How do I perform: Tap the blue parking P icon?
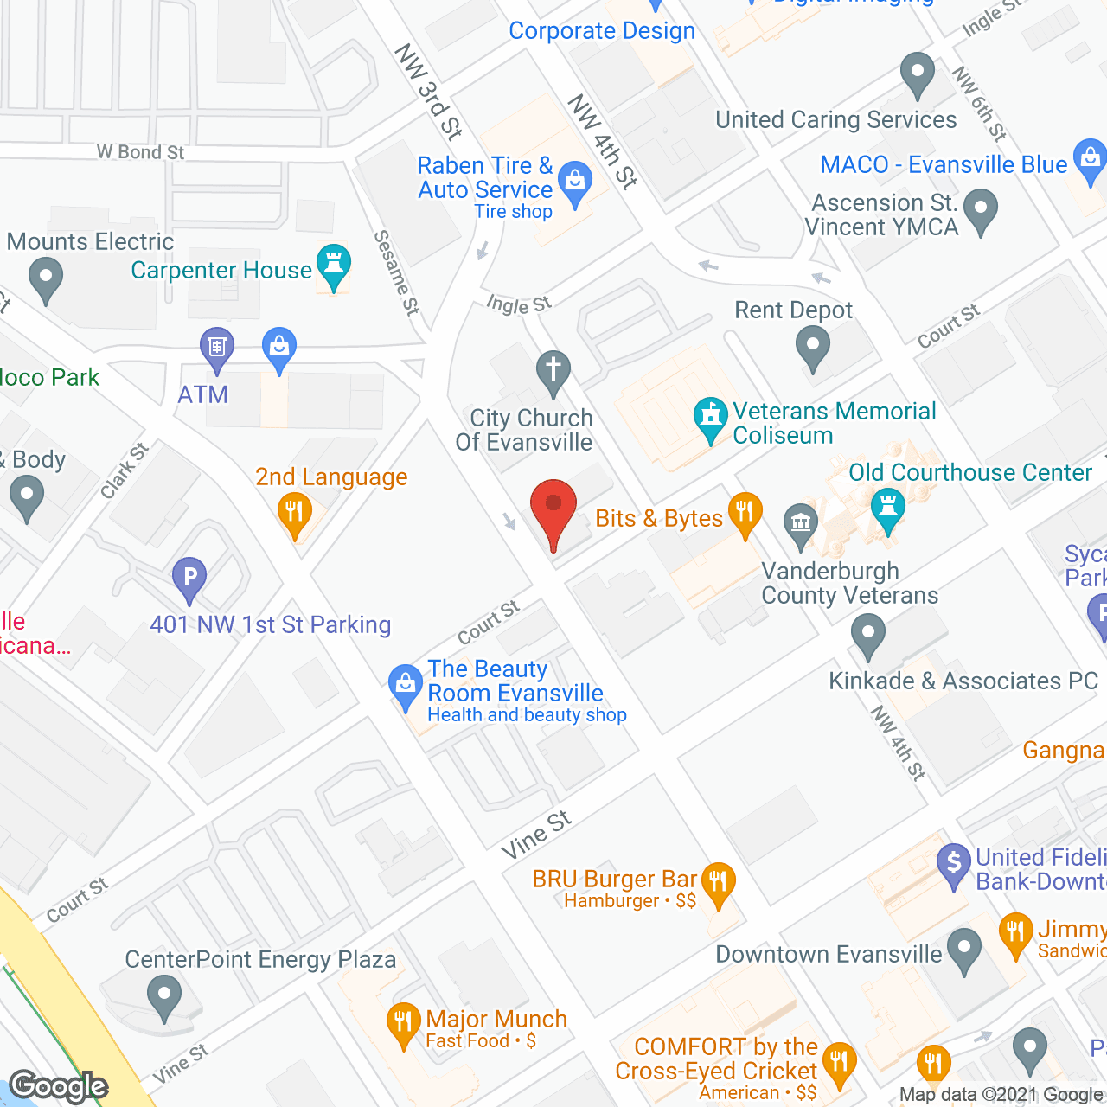point(189,577)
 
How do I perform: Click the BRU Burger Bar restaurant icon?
point(718,882)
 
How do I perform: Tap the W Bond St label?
point(141,152)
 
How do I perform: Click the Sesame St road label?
point(397,272)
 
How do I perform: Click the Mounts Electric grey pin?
point(46,279)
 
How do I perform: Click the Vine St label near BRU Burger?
point(536,835)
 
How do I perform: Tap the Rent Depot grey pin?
point(812,348)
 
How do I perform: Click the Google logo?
point(59,1086)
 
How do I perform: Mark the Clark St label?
point(125,470)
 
